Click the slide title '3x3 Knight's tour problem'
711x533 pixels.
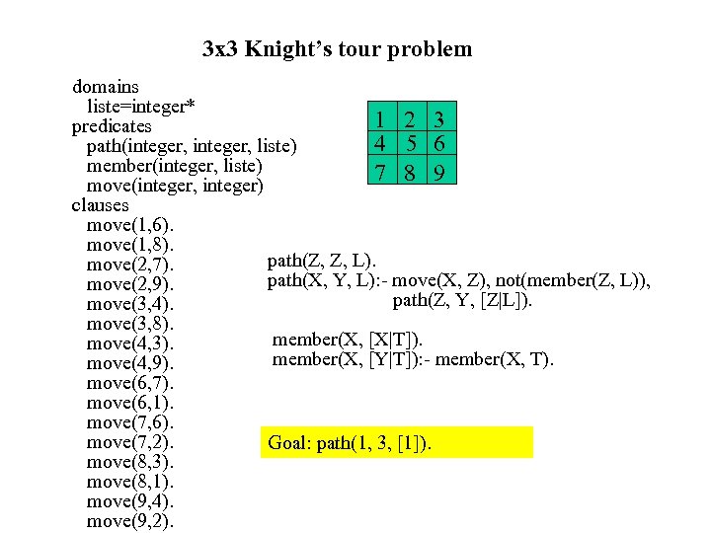(x=337, y=48)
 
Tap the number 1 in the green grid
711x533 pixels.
(x=379, y=119)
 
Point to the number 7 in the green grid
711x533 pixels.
(x=379, y=173)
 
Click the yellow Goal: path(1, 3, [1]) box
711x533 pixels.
(x=397, y=443)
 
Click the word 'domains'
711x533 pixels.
(x=106, y=87)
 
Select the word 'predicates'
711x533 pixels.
(x=112, y=126)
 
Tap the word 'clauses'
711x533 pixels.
(x=100, y=205)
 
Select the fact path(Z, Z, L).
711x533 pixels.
(x=321, y=261)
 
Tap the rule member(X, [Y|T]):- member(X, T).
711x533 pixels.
(x=413, y=359)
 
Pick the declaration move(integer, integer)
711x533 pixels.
(x=175, y=186)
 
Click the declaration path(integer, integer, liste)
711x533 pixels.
(x=192, y=146)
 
